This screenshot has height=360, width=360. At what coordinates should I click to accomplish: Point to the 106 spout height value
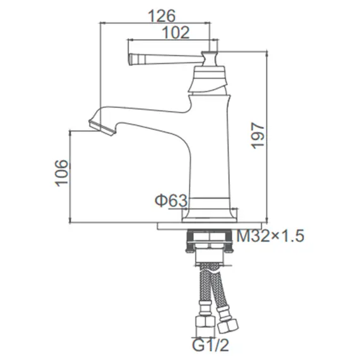click(61, 172)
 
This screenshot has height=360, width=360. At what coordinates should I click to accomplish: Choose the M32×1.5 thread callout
click(271, 237)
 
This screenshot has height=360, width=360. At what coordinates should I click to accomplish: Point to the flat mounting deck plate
click(196, 224)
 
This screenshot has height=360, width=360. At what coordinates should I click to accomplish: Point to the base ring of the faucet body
click(210, 206)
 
